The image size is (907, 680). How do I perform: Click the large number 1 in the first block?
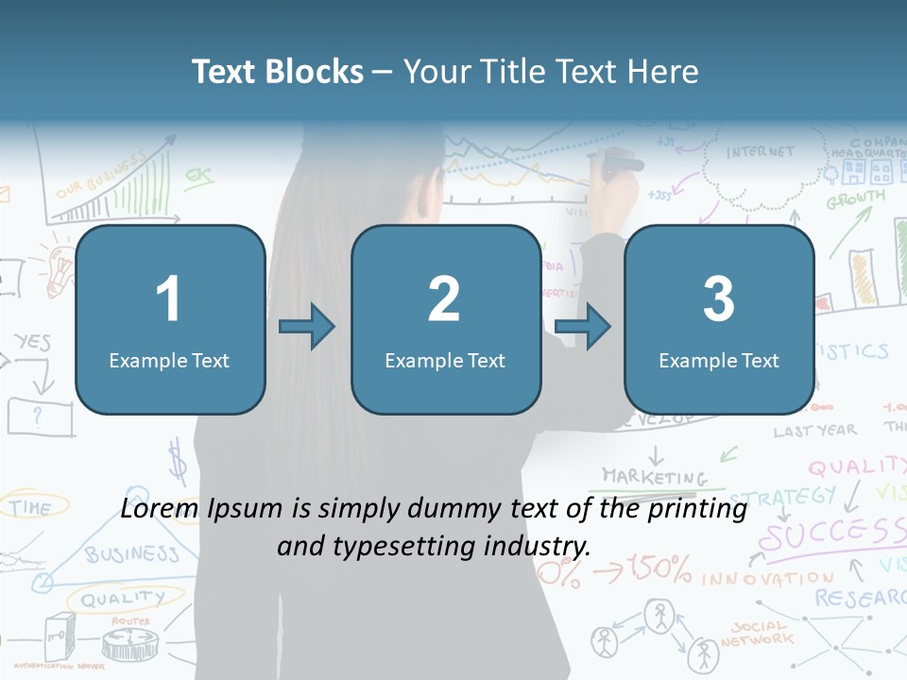point(169,299)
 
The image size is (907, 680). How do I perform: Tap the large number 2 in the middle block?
point(444,299)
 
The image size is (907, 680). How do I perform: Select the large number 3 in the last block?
point(719,299)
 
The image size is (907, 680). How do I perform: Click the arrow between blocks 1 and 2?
point(307,328)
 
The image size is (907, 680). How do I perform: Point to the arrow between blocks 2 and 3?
point(582,328)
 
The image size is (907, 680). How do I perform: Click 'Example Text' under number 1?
point(169,360)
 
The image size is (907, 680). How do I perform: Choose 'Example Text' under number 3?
point(719,360)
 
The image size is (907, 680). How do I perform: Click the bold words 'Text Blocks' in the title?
point(278,72)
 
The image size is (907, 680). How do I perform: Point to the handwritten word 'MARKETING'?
point(654,476)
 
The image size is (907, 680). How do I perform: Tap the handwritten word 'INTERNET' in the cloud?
point(761,152)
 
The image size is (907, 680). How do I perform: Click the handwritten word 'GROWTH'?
point(855,199)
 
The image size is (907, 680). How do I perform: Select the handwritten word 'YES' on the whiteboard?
point(32,341)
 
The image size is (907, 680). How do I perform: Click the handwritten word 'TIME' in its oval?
point(30,507)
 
